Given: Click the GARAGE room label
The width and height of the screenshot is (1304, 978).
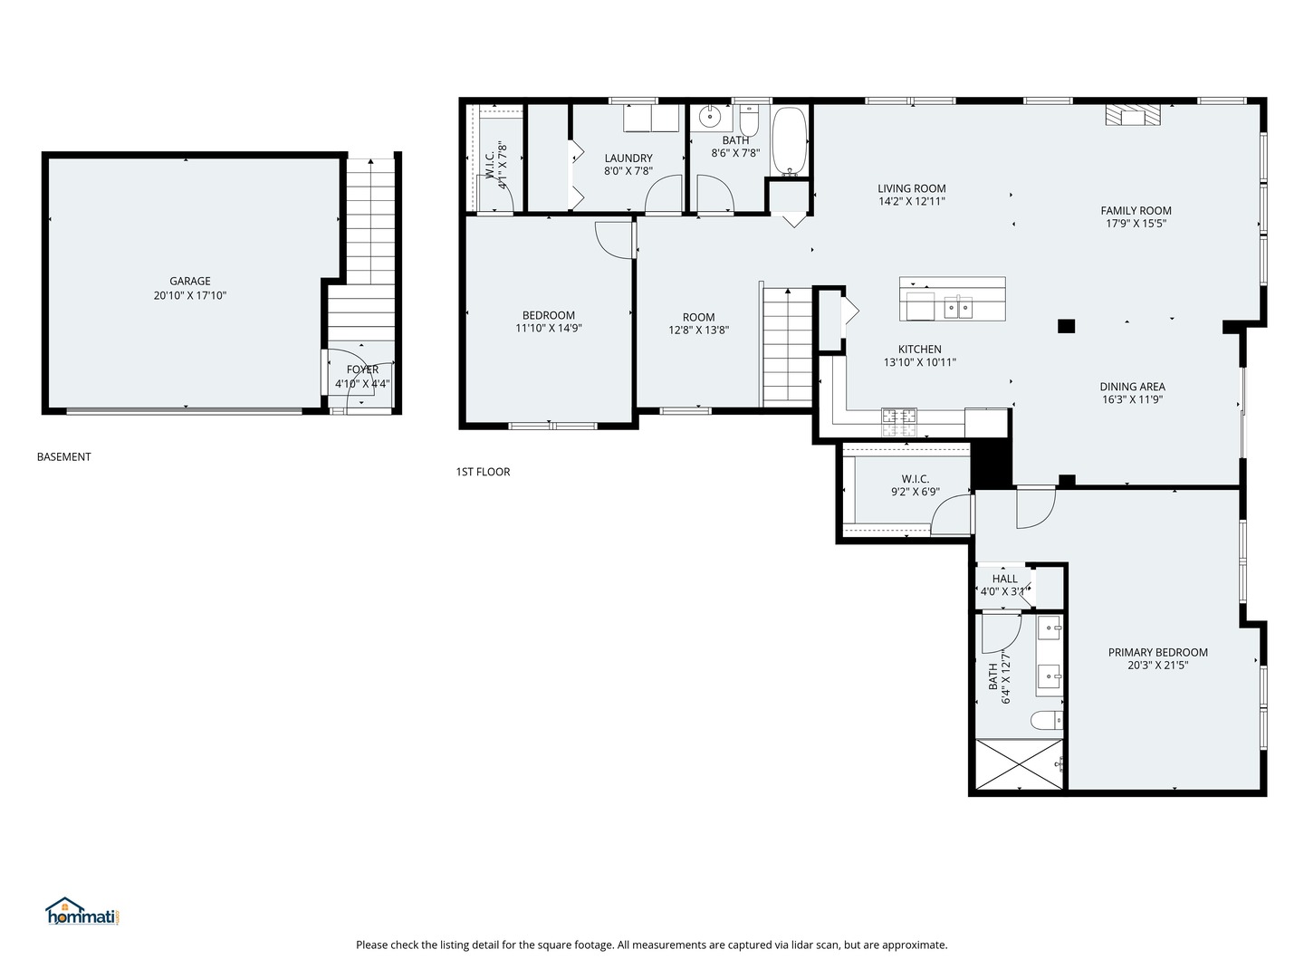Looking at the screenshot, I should (189, 281).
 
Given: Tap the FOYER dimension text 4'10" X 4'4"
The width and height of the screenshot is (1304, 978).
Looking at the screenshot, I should (362, 383).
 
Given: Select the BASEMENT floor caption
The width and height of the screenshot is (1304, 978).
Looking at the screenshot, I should (63, 456).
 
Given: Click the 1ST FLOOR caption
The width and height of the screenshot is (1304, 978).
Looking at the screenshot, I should (483, 472).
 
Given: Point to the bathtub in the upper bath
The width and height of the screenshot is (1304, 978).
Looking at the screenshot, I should (790, 142).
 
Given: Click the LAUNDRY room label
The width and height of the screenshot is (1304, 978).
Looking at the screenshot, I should (628, 158).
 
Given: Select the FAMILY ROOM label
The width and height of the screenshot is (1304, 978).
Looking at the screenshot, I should (1136, 210).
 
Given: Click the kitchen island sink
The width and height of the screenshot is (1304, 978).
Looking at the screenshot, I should (958, 308).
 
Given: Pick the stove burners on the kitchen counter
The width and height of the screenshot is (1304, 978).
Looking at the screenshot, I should (899, 417).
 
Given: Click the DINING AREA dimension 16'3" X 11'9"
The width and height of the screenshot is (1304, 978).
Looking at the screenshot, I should (1132, 399).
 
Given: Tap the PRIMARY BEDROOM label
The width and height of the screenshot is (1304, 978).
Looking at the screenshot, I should (1157, 652).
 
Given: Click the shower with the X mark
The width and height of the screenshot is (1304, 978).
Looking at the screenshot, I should (1018, 766).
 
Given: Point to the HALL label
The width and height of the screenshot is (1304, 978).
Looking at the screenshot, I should (1004, 579).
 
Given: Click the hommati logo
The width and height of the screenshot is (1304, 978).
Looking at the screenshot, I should (82, 912).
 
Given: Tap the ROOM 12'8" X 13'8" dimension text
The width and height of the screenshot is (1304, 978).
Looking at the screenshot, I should (698, 331).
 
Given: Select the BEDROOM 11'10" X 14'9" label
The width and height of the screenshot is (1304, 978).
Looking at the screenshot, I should (548, 315).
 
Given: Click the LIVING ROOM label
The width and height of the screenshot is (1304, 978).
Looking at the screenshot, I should (911, 188).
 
